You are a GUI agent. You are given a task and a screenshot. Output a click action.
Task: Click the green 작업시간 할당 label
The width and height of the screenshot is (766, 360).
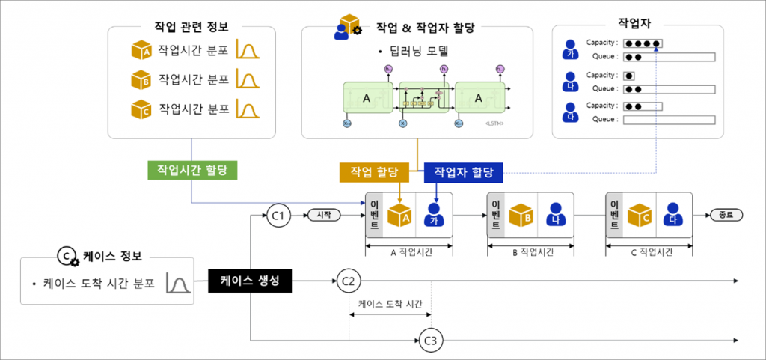(192, 171)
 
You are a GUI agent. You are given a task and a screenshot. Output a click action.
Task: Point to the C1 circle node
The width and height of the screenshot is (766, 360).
(278, 216)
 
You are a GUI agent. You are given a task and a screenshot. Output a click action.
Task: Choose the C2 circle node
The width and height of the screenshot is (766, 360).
(348, 281)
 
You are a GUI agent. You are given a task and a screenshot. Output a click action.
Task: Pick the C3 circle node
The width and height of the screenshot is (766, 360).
(431, 342)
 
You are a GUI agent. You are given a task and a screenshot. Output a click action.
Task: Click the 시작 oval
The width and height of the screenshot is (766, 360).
(324, 216)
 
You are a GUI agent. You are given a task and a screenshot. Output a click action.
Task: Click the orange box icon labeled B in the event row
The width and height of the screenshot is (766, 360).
(521, 215)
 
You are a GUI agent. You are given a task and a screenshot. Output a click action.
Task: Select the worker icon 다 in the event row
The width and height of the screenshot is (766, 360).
(672, 216)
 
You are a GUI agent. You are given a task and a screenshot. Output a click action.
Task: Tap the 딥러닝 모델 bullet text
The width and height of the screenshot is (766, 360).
(418, 52)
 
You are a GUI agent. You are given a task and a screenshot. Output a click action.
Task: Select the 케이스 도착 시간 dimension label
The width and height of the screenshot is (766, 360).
(390, 303)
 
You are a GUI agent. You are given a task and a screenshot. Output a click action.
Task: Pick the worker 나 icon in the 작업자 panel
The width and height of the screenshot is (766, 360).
(570, 81)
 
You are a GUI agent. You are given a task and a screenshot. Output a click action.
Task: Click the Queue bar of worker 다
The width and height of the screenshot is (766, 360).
(669, 120)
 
